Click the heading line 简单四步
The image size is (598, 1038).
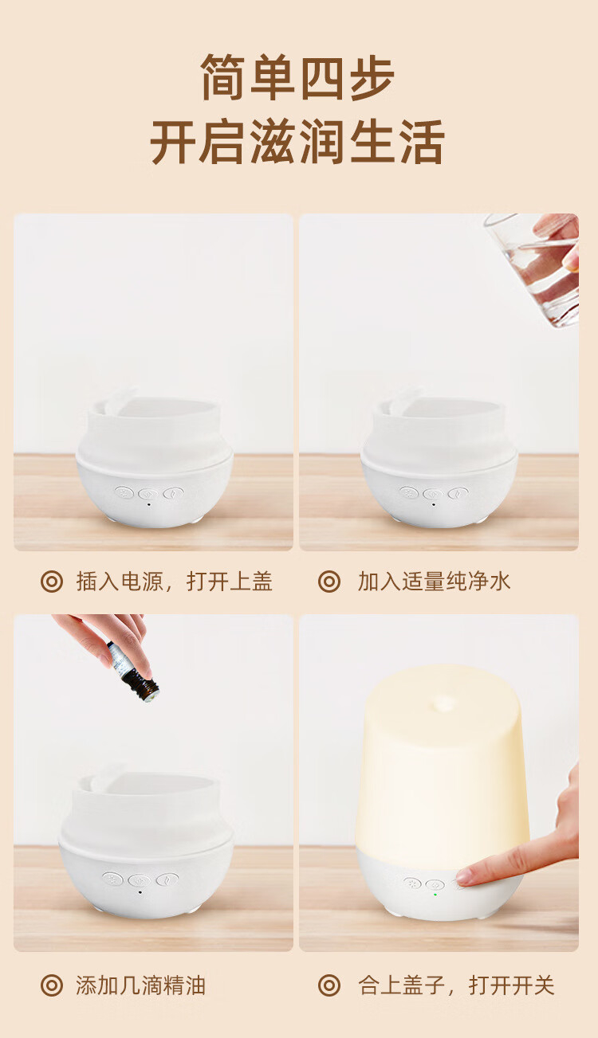tap(297, 77)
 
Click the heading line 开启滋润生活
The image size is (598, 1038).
tap(297, 141)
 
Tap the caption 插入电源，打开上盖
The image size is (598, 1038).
tap(174, 582)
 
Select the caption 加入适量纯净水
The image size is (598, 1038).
tap(434, 582)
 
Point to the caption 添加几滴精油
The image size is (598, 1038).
tap(140, 985)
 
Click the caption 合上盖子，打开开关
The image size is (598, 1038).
tap(456, 985)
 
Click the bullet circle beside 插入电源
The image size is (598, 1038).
tap(52, 582)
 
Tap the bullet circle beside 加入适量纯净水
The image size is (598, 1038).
tap(329, 582)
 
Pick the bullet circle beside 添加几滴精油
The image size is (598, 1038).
tap(52, 985)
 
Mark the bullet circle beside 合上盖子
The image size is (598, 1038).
tap(329, 985)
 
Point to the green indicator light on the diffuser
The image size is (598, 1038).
tap(435, 895)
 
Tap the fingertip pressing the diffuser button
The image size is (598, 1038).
tap(464, 877)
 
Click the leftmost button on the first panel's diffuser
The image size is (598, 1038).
tap(124, 492)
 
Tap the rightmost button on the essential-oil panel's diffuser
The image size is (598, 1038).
tap(167, 879)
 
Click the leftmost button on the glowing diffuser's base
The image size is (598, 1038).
tap(412, 883)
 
